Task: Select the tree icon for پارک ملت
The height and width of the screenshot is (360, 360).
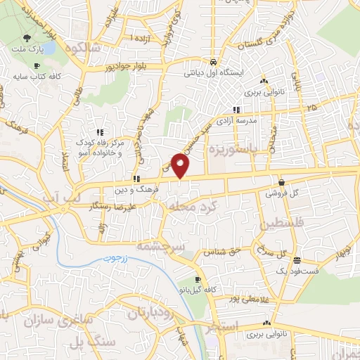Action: click(26, 39)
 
